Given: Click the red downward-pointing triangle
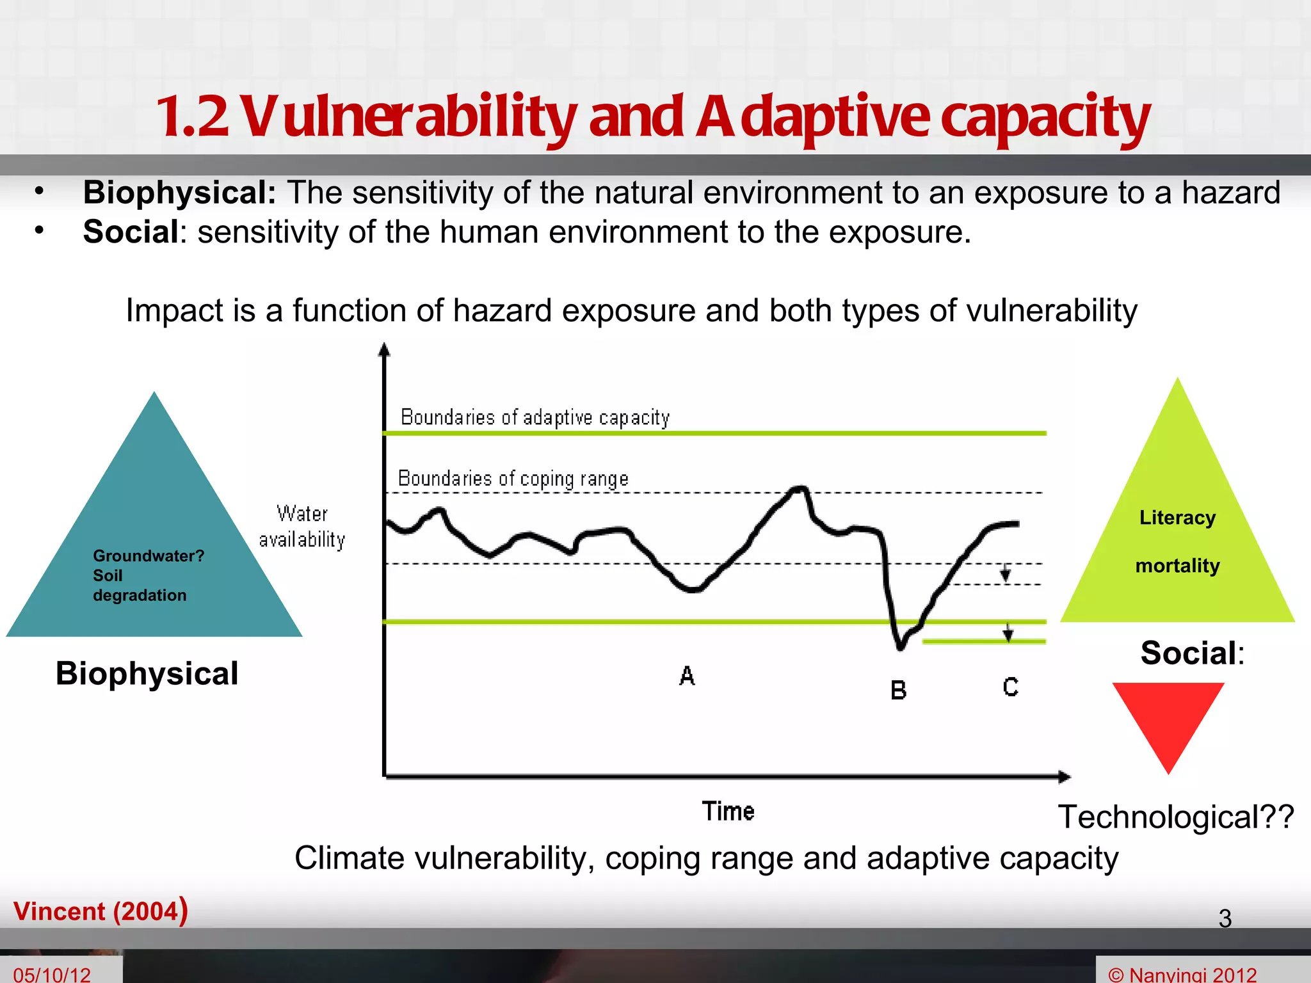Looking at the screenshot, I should click(1168, 720).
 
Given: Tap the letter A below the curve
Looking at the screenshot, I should click(687, 676).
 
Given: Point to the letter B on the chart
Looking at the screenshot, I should click(898, 691).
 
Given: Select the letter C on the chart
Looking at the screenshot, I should click(1010, 687).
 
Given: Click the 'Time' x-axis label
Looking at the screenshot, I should click(728, 811).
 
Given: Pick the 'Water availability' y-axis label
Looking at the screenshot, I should click(302, 527).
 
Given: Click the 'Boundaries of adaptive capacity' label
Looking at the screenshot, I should click(535, 417).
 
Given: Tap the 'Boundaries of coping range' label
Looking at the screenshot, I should click(513, 479).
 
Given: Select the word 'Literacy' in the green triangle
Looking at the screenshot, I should click(1177, 517).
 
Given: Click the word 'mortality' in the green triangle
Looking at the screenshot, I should click(1177, 566).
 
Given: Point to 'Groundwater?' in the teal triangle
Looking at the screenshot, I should click(149, 555).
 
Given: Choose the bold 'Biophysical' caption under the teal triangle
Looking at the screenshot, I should click(147, 673).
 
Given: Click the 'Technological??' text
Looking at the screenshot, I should click(1176, 817).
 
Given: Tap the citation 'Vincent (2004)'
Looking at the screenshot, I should click(101, 911).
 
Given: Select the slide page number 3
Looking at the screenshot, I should click(1225, 918).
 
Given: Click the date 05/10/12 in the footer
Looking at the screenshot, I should click(52, 974).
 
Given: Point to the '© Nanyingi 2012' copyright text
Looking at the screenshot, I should click(1182, 975).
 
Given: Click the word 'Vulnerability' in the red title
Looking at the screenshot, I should click(410, 117).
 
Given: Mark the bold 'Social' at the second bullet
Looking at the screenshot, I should click(131, 232).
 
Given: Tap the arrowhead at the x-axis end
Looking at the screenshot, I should click(1065, 777).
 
